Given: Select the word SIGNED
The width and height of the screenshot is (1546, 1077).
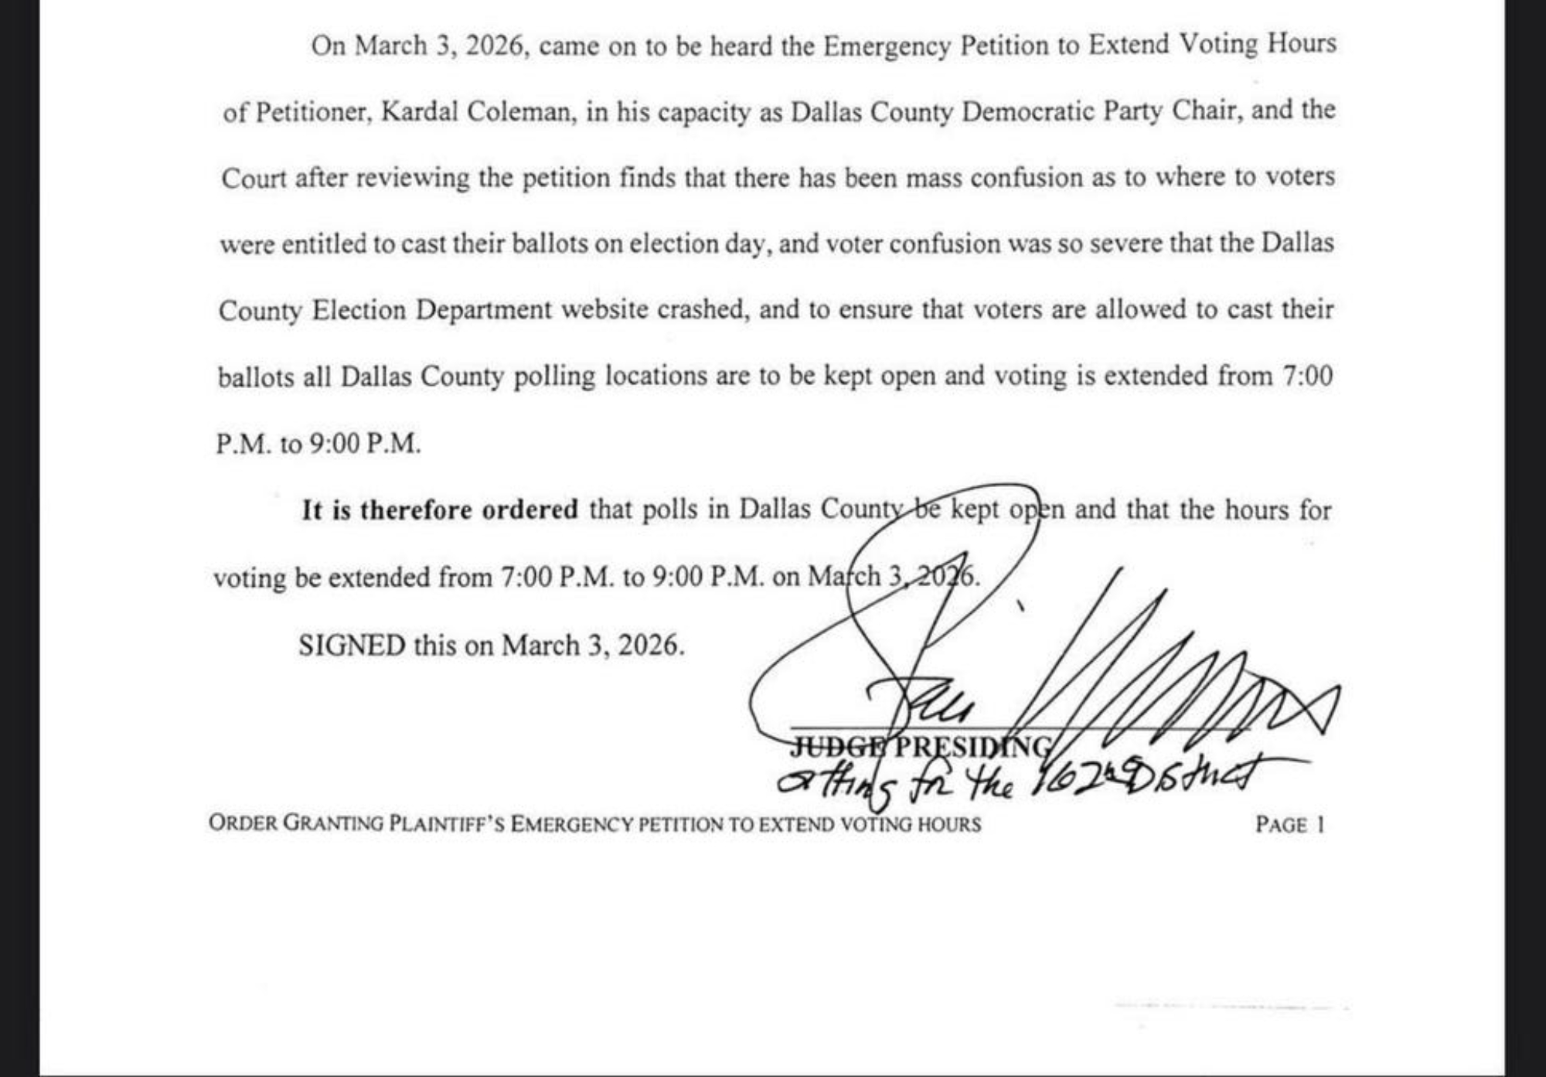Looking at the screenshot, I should coord(352,645).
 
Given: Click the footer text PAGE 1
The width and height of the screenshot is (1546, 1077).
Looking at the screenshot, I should coord(1289,824).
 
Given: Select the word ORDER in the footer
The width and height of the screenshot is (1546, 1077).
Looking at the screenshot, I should coord(243,822).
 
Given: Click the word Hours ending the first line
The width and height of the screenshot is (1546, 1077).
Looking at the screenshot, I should coord(1301,43).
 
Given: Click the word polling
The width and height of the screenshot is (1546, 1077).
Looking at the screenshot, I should coord(554,377).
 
